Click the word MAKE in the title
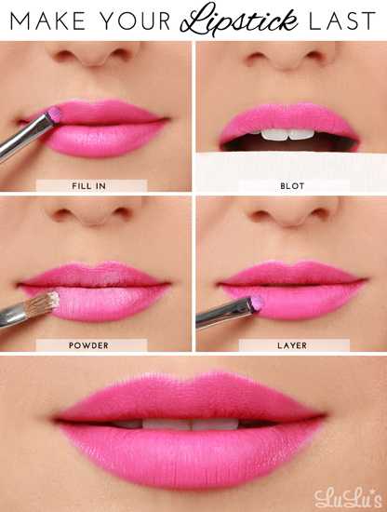click(x=48, y=20)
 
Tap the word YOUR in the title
click(x=135, y=20)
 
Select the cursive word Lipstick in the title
click(x=239, y=19)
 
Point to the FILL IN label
click(x=88, y=186)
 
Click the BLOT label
click(x=292, y=186)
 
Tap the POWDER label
click(x=88, y=345)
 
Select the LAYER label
click(x=292, y=345)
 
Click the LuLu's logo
click(x=348, y=498)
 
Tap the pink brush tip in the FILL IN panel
click(x=55, y=115)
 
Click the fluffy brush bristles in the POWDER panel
click(x=43, y=304)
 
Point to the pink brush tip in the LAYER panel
click(x=257, y=303)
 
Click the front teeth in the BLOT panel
click(x=287, y=134)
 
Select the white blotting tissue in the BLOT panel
click(x=291, y=171)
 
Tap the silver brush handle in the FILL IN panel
click(x=24, y=136)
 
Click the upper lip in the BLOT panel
click(x=289, y=118)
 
